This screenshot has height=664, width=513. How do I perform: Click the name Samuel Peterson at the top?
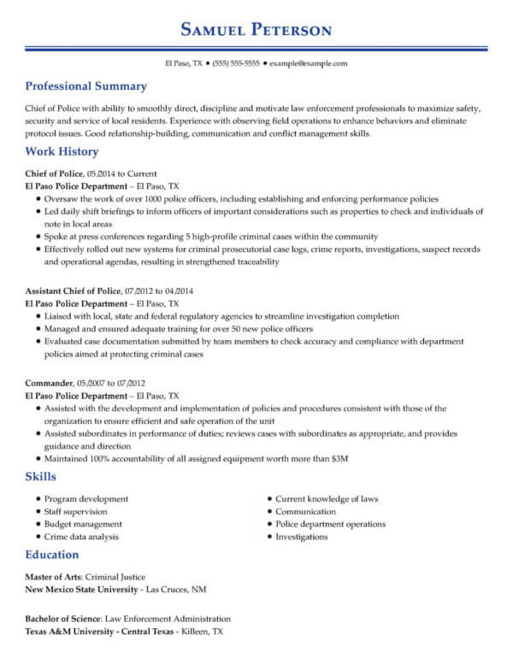tap(256, 30)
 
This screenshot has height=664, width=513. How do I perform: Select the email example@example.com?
tap(309, 64)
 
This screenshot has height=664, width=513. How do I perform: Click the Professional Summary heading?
tap(85, 86)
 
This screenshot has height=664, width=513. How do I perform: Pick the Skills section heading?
tap(41, 477)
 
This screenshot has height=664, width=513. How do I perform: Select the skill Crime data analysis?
tap(81, 537)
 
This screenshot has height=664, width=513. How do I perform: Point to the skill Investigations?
tap(301, 537)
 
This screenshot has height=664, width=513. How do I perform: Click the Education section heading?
tap(52, 555)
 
